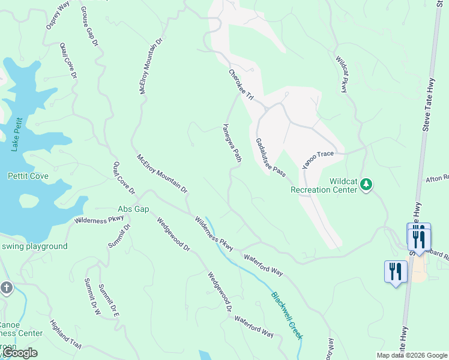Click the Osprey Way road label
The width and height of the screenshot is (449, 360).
tap(58, 16)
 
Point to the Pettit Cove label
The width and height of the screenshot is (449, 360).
tap(28, 176)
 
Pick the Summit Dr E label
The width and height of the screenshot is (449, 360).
tap(109, 300)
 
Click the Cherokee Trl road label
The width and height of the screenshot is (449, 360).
tap(241, 85)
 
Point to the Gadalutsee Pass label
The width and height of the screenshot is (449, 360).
tap(270, 157)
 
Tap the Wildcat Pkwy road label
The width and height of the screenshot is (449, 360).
tap(342, 74)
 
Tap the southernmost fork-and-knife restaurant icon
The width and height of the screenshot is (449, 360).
tap(396, 272)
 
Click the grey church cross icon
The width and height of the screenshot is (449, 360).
tap(7, 287)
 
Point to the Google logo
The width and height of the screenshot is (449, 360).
tap(20, 353)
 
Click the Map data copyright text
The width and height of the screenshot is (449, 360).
tap(411, 355)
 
